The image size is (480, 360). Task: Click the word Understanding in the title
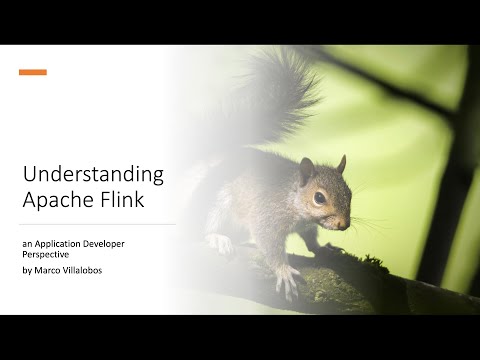coord(93,175)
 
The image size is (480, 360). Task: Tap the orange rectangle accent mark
coord(33,72)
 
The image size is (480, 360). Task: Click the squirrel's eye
coord(319,197)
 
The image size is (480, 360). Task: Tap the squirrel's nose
coord(346,221)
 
